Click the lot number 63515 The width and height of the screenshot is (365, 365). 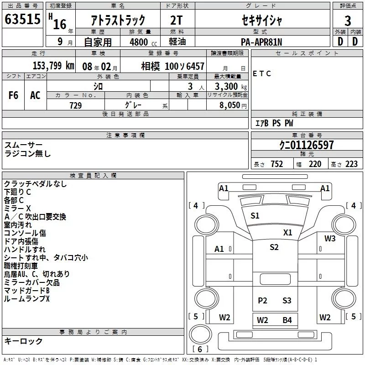pyautogui.click(x=22, y=19)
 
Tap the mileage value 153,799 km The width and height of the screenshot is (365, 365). pyautogui.click(x=53, y=66)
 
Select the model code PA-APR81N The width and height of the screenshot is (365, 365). pyautogui.click(x=261, y=42)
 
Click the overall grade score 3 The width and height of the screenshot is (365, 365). pyautogui.click(x=348, y=21)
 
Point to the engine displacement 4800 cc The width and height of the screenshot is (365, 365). pyautogui.click(x=143, y=42)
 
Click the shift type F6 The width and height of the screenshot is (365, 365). pyautogui.click(x=13, y=95)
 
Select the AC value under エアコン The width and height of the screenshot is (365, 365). pyautogui.click(x=35, y=95)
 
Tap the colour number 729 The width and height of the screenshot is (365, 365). pyautogui.click(x=76, y=105)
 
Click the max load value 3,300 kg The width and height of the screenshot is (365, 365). pyautogui.click(x=231, y=86)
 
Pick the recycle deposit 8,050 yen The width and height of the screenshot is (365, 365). pyautogui.click(x=233, y=105)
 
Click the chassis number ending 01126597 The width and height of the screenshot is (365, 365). pyautogui.click(x=306, y=145)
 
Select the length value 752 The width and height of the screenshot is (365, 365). pyautogui.click(x=277, y=164)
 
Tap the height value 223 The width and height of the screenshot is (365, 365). pyautogui.click(x=351, y=164)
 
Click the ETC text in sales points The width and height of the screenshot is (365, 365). pyautogui.click(x=261, y=73)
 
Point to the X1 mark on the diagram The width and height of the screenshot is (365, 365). pyautogui.click(x=287, y=232)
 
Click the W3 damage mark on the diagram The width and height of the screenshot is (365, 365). pyautogui.click(x=330, y=238)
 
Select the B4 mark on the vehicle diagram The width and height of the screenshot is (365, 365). pyautogui.click(x=287, y=320)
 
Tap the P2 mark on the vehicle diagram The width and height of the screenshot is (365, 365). pyautogui.click(x=262, y=300)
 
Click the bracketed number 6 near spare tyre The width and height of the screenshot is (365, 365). pyautogui.click(x=200, y=349)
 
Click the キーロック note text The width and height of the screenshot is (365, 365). pyautogui.click(x=23, y=341)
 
